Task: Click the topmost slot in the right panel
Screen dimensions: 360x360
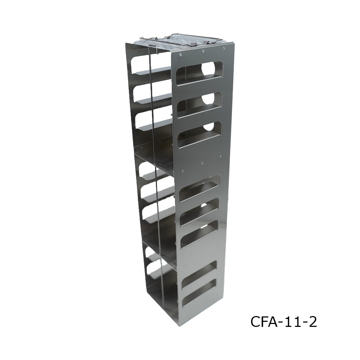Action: click(x=199, y=74)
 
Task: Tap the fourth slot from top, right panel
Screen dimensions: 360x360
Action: click(x=200, y=188)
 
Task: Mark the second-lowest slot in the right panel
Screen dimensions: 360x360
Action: click(x=199, y=274)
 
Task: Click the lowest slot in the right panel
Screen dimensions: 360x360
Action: click(x=199, y=293)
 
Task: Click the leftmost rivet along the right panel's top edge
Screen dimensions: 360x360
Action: click(x=180, y=55)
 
